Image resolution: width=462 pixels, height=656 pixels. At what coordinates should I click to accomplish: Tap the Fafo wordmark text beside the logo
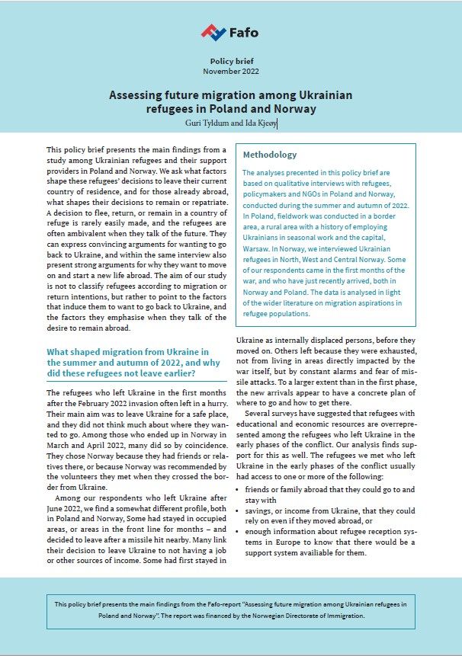[243, 33]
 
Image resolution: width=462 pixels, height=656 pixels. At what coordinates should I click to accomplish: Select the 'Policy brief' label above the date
[230, 60]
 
